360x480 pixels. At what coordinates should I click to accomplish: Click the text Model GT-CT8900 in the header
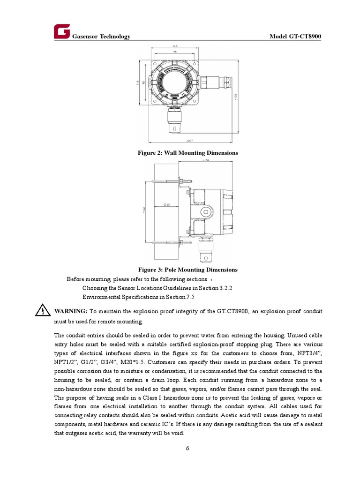295,37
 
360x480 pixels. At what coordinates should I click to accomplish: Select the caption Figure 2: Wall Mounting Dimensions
187,153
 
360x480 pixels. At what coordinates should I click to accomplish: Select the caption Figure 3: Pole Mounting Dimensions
187,270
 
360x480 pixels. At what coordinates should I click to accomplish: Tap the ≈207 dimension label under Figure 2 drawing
189,140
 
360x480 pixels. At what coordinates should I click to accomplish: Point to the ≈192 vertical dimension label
236,96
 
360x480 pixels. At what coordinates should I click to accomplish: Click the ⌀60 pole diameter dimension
166,204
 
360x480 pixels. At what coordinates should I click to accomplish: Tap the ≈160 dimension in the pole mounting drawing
144,211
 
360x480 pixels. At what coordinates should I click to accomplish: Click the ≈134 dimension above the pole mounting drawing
205,161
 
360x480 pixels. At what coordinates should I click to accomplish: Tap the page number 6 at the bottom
187,448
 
